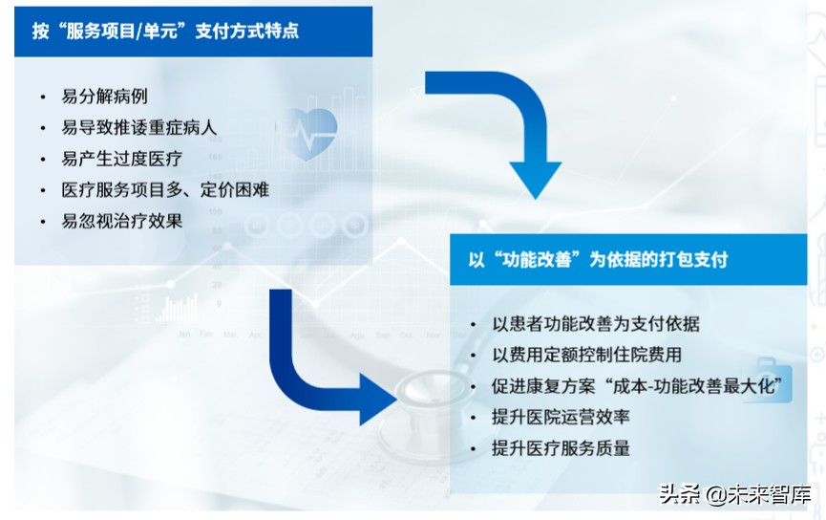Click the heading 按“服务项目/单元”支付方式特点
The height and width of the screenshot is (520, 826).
(165, 31)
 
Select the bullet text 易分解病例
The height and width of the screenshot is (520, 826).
(104, 97)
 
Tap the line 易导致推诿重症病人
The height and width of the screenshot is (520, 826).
(139, 128)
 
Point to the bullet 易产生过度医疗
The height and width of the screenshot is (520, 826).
(121, 159)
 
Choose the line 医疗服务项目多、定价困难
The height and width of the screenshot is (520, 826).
(165, 190)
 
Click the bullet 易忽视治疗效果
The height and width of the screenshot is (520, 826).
(121, 221)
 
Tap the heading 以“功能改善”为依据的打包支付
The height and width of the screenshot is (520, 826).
(598, 259)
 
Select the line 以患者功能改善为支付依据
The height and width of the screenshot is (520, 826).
(596, 324)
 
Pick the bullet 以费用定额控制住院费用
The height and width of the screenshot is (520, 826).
(587, 355)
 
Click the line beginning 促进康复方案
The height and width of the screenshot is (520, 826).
(637, 386)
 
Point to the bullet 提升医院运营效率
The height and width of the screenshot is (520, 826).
(561, 417)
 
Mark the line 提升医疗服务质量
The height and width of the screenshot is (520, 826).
(561, 448)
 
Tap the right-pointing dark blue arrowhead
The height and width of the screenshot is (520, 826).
(376, 400)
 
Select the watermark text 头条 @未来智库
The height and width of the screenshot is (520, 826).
(735, 495)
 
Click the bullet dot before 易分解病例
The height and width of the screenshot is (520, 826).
(43, 97)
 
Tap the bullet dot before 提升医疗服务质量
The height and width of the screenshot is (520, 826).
(473, 449)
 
